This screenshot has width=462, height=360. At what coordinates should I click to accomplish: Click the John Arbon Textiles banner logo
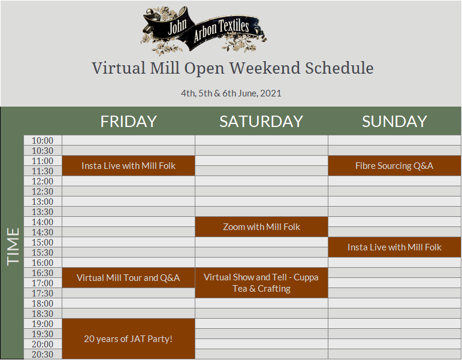coord(203,31)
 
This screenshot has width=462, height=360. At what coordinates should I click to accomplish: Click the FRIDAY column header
coord(128,121)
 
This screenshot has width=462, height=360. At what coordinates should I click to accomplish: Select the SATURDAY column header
coord(261,121)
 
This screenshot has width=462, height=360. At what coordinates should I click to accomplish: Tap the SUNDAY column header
coord(394,121)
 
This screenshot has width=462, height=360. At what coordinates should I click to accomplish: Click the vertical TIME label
coord(13,247)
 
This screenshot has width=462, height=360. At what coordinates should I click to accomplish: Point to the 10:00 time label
coord(43,141)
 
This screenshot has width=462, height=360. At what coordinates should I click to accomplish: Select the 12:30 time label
coord(43,192)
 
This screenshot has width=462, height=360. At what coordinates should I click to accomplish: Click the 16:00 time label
coord(43,263)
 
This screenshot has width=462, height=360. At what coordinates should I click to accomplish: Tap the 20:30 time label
coord(43,355)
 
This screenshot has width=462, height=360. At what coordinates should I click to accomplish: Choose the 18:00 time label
coord(43,304)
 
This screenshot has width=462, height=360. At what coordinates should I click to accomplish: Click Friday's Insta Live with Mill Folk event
coord(128,165)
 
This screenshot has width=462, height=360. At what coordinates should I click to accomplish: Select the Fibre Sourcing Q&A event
coord(394,165)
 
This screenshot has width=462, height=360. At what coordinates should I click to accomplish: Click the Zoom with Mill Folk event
coord(261,227)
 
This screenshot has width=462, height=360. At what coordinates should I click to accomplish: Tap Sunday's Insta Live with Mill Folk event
coord(394,247)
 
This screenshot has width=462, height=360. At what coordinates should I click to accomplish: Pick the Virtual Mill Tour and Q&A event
coord(128,277)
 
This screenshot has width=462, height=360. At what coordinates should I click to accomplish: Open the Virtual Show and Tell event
coord(261,283)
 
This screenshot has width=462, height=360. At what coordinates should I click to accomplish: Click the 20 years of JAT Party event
coord(128,339)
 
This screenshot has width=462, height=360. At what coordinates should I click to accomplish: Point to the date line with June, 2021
coord(231,93)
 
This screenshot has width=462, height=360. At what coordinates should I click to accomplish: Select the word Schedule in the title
coord(339,68)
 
